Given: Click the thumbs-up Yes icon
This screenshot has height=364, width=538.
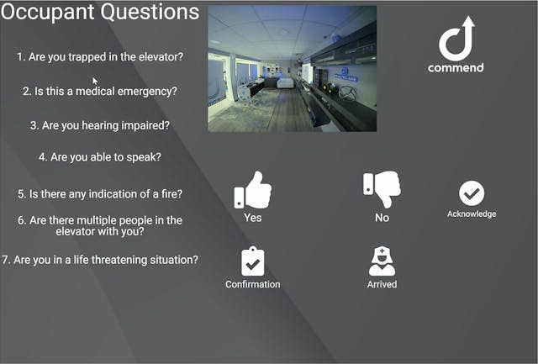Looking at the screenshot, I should pos(252,191).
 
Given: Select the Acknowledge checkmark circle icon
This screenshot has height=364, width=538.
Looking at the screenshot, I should pos(472,193).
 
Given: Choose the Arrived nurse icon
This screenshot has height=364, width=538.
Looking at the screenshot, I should pos(382,261).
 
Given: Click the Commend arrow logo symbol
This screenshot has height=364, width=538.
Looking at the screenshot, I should pos(456,40).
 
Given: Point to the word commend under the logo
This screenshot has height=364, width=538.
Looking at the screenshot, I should pos(456,67).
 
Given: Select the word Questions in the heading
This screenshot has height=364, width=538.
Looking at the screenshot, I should pos(154,13).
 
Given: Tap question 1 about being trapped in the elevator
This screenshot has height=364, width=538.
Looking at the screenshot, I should pos(100,57).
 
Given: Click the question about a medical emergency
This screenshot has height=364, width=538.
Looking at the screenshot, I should pos(100,91).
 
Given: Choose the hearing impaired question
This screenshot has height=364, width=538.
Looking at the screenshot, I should pos(100,125).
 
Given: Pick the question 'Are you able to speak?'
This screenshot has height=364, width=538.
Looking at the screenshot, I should pos(100,156).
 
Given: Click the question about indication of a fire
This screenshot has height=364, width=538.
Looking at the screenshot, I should pos(100,193).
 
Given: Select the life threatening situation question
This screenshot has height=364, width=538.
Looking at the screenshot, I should pos(100,260).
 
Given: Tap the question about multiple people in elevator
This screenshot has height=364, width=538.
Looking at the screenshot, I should pos(100,225).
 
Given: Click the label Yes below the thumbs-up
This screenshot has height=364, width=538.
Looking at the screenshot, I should pos(252,218).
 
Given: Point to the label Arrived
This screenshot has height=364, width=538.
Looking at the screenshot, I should pos(382,284).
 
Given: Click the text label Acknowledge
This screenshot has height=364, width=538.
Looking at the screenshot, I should pos(472,214).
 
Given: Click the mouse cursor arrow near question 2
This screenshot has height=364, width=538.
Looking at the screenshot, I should pos(96,82).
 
